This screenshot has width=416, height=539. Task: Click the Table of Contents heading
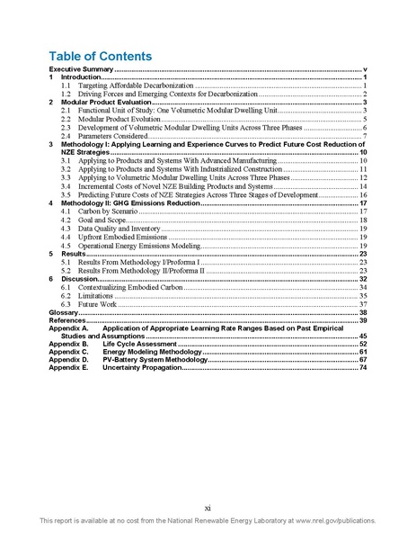[100, 56]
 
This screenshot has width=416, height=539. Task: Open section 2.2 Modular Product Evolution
[118, 119]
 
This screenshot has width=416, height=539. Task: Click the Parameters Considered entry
[111, 135]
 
